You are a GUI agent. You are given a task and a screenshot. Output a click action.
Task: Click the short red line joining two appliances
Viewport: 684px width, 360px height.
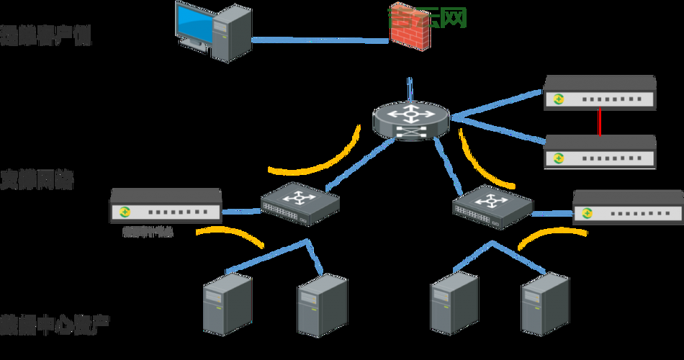(599, 122)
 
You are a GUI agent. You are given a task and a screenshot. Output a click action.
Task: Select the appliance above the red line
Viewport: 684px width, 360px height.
(599, 92)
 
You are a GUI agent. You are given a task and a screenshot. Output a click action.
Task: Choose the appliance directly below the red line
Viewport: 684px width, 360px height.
(600, 151)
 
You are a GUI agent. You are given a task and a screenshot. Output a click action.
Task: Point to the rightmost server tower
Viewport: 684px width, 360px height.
(545, 305)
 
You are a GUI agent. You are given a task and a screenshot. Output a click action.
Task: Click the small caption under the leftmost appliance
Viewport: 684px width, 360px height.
(148, 232)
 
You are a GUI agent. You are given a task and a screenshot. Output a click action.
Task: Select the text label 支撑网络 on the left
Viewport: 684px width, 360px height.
(36, 179)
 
